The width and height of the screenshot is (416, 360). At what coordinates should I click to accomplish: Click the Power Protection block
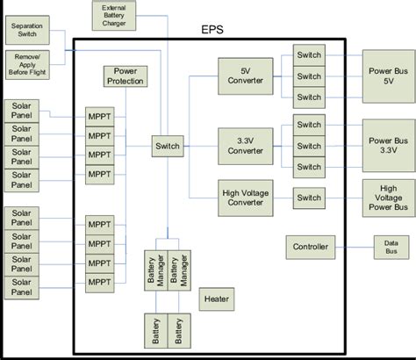click(x=125, y=76)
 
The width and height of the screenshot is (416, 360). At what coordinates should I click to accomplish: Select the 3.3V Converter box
click(x=240, y=144)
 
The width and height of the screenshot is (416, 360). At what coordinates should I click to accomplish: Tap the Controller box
click(x=310, y=248)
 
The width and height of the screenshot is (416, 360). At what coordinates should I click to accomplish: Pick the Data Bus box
click(x=391, y=247)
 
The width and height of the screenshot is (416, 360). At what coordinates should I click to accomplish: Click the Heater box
click(x=217, y=299)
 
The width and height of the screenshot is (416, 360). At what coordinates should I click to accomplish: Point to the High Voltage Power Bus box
click(x=387, y=198)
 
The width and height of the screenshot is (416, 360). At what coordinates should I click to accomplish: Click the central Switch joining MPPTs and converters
click(x=167, y=146)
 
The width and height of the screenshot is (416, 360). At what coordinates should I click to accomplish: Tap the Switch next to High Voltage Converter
click(x=309, y=198)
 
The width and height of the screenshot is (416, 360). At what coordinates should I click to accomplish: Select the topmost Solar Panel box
click(x=23, y=112)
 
